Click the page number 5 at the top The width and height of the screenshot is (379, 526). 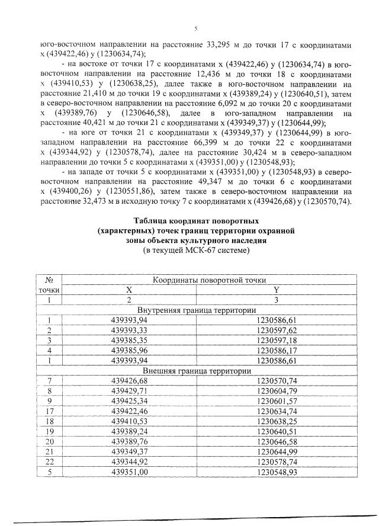[x=195, y=28]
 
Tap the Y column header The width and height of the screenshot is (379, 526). [x=276, y=290]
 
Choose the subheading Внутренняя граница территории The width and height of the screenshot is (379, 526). [x=196, y=310]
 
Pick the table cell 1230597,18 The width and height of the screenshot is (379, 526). [x=276, y=340]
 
